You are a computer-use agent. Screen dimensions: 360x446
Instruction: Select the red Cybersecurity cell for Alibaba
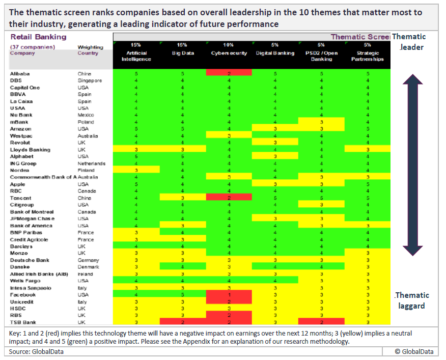point(229,73)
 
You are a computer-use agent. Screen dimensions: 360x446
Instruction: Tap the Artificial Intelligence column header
point(136,56)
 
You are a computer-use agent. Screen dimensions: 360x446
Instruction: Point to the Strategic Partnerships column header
point(368,56)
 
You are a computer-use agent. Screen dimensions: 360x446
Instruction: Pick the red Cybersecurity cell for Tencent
point(229,198)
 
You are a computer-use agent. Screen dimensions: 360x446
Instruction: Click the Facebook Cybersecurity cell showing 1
point(229,294)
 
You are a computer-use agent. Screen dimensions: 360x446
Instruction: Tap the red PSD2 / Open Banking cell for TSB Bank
point(321,322)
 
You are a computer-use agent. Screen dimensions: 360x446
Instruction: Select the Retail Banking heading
point(38,37)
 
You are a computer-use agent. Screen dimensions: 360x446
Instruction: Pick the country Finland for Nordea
point(87,170)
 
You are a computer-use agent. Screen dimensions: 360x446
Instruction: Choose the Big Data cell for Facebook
point(182,294)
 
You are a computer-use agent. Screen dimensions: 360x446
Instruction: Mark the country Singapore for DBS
point(90,80)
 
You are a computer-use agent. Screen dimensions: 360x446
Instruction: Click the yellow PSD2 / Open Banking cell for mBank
point(321,122)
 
